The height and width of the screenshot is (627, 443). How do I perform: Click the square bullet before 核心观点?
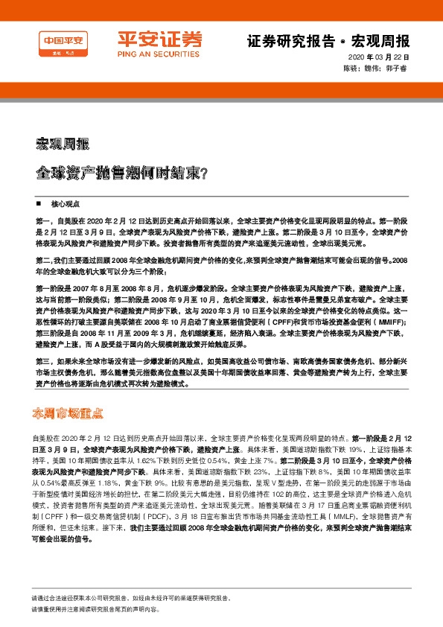39,203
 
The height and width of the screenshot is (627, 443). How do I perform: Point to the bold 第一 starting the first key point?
42,221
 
